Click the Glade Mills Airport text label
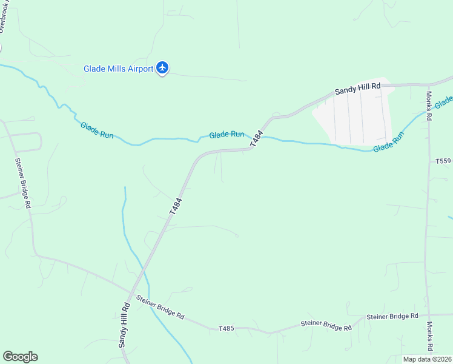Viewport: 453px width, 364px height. (x=118, y=69)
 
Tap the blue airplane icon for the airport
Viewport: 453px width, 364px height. (x=162, y=67)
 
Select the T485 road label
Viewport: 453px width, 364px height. (x=226, y=328)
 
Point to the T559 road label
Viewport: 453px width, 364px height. (x=443, y=161)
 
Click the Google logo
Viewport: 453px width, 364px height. (x=20, y=357)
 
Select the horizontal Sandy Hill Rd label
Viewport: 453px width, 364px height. (x=358, y=89)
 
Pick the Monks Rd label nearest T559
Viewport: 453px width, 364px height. (x=429, y=106)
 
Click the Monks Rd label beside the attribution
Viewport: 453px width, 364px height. (x=429, y=336)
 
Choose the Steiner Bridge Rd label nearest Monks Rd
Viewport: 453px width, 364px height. (x=392, y=317)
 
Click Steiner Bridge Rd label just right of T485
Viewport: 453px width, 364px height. (x=326, y=326)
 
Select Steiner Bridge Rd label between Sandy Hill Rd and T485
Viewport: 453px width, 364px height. (x=160, y=307)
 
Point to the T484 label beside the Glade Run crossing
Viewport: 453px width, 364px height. (x=257, y=138)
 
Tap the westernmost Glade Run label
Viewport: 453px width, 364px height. (x=97, y=130)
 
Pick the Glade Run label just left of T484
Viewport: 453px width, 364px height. (x=226, y=134)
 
